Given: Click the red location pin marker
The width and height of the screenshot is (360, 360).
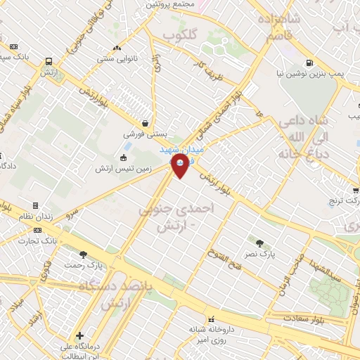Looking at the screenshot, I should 181,164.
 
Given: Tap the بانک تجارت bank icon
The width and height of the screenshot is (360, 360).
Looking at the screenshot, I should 37,230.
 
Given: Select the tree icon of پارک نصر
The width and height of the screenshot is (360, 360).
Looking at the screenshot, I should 261,244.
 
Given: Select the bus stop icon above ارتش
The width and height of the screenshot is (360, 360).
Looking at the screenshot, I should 49,62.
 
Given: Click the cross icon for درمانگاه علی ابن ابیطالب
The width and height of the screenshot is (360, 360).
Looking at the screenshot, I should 80,336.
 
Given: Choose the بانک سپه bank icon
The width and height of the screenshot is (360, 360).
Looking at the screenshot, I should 13,47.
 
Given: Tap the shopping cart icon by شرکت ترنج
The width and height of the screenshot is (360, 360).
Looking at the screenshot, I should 356,190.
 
